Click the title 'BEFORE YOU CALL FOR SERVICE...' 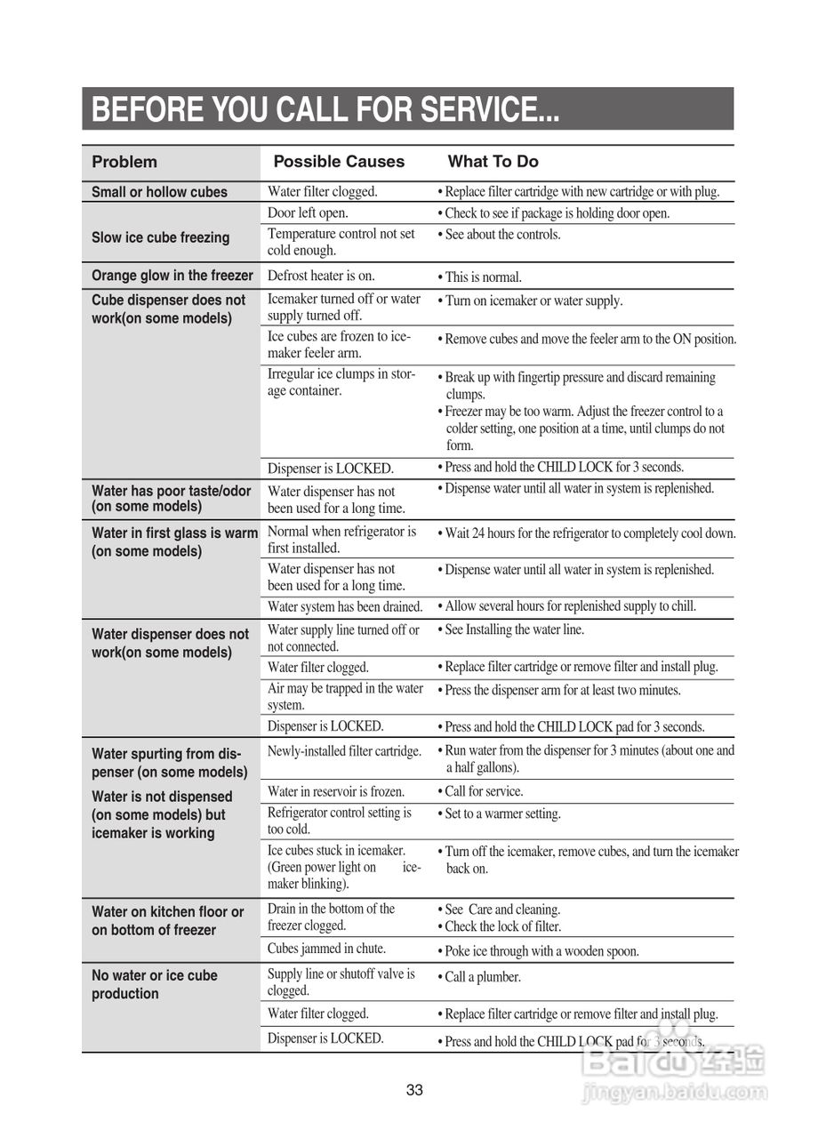pos(325,109)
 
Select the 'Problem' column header pos(124,162)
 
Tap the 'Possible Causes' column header pos(339,162)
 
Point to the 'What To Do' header pos(493,162)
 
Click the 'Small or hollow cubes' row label pos(159,192)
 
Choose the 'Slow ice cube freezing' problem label pos(160,237)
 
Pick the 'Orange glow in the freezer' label pos(172,276)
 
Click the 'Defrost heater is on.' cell pos(321,276)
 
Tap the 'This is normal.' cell pos(483,277)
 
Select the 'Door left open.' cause pos(308,213)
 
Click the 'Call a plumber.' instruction pos(482,977)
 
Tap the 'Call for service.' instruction pos(484,791)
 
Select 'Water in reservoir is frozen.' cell pos(336,791)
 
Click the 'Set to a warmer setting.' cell pos(502,814)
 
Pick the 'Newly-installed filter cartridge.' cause pos(344,751)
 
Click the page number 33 pos(414,1090)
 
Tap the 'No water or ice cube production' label pos(155,984)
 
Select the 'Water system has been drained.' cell pos(345,607)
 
